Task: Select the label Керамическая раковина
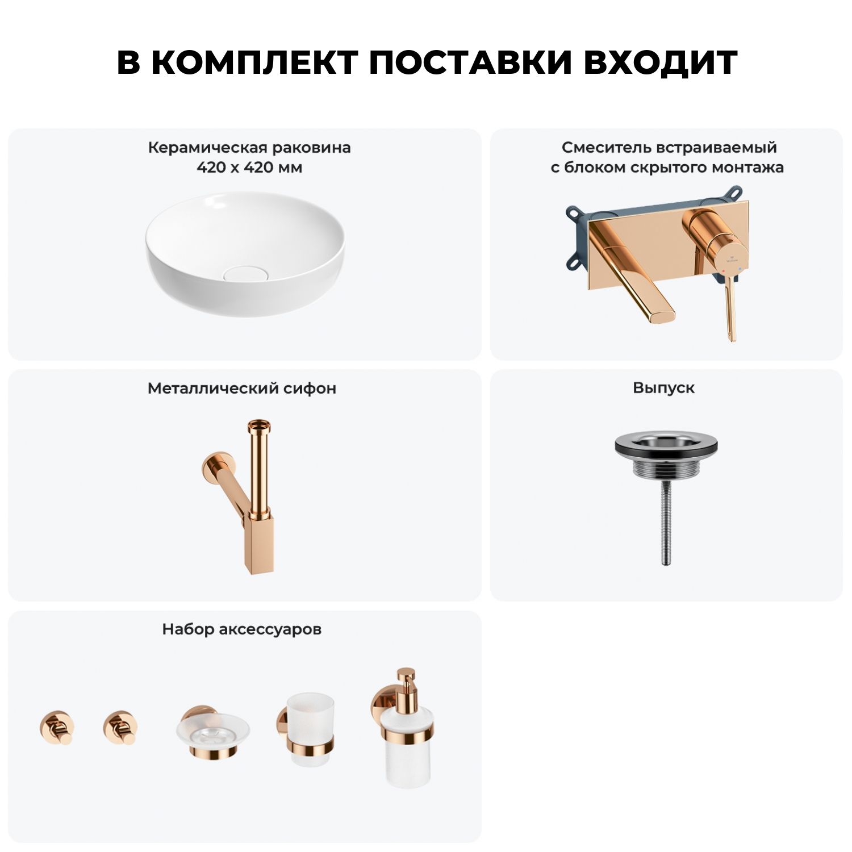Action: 249,148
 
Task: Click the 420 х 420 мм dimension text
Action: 249,168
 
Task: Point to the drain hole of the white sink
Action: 245,274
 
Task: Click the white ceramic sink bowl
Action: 245,253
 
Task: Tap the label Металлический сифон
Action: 242,389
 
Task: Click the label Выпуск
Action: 664,388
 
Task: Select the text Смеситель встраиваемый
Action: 669,148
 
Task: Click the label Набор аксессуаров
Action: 242,629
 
